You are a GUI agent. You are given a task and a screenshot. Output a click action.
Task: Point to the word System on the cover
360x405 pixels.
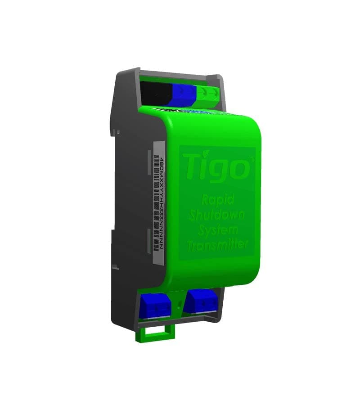217,230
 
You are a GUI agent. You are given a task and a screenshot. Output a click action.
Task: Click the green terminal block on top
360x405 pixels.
209,94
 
